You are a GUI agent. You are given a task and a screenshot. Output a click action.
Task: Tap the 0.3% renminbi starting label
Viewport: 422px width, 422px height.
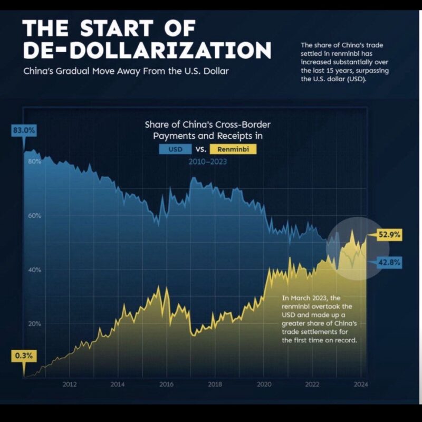click(24, 356)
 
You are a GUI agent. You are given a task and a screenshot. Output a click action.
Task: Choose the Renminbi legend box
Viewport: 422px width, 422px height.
click(233, 150)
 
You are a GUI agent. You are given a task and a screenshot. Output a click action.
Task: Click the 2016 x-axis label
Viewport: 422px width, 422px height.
click(167, 384)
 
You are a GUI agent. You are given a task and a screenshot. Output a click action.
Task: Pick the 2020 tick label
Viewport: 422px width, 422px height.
click(264, 384)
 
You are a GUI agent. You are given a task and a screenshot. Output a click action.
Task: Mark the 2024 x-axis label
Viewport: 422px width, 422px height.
click(360, 384)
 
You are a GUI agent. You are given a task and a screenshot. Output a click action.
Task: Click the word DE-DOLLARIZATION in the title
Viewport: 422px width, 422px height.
click(148, 50)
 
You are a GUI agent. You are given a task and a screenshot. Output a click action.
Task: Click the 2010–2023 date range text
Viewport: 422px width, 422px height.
click(208, 162)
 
